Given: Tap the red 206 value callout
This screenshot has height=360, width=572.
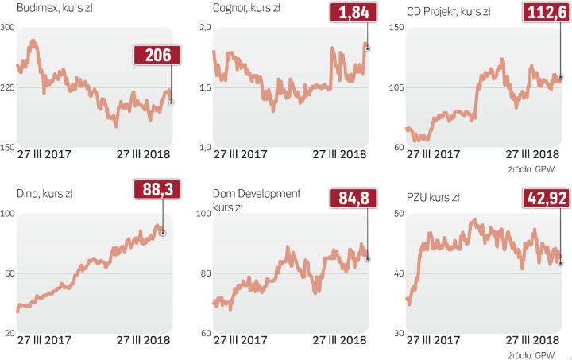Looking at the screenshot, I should click(x=157, y=55).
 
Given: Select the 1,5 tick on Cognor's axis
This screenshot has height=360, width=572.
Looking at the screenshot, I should click(x=204, y=88).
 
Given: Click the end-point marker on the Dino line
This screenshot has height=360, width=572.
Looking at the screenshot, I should click(x=162, y=233).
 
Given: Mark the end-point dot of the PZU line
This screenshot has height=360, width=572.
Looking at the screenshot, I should click(x=560, y=262).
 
